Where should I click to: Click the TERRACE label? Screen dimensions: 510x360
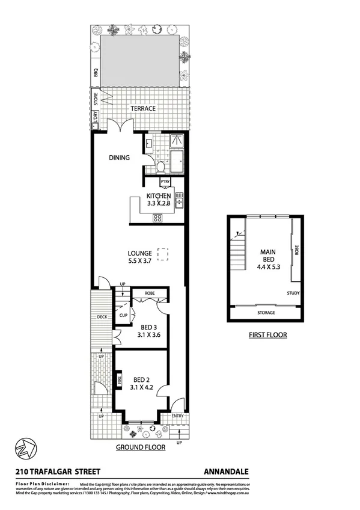(142, 108)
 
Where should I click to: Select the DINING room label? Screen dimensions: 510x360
(120, 158)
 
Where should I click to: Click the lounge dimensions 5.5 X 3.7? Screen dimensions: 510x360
(139, 262)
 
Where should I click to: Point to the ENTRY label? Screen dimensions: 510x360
(178, 416)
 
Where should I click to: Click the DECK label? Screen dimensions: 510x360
(102, 317)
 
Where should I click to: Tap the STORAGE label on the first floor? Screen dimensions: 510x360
(266, 313)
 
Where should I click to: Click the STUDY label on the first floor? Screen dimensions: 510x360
(293, 293)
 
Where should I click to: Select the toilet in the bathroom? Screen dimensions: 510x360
(160, 166)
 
